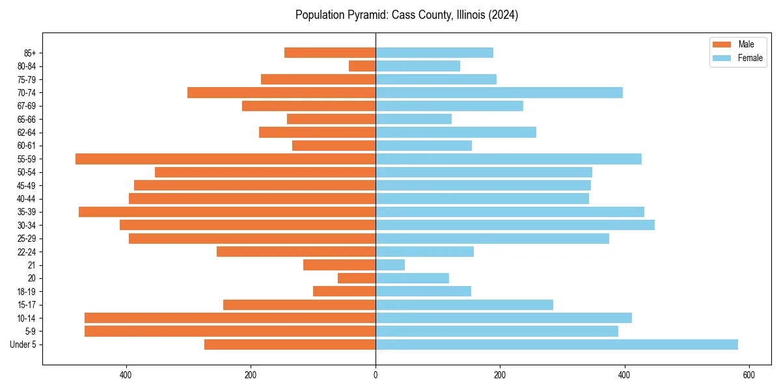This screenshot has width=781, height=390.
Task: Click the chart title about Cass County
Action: pos(406,15)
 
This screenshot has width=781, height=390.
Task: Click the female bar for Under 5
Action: pos(556,344)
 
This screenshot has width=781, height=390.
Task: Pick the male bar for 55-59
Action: pos(225,159)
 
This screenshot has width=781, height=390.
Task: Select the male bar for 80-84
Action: pos(362,66)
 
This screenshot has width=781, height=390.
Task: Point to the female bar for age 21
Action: pos(390,265)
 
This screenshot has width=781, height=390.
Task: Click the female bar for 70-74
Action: pos(499,92)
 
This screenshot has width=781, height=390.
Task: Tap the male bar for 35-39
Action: pos(227,212)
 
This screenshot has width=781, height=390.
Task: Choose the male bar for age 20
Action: pos(357,278)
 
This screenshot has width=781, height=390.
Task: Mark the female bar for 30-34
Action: pos(515,225)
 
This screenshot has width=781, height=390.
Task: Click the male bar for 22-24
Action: pos(296,252)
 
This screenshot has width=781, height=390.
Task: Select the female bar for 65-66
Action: pos(413,119)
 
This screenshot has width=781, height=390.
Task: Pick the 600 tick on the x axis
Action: pos(748,375)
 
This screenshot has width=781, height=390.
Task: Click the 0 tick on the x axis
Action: pos(376,375)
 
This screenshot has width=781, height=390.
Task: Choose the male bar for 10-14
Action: pos(230,318)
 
